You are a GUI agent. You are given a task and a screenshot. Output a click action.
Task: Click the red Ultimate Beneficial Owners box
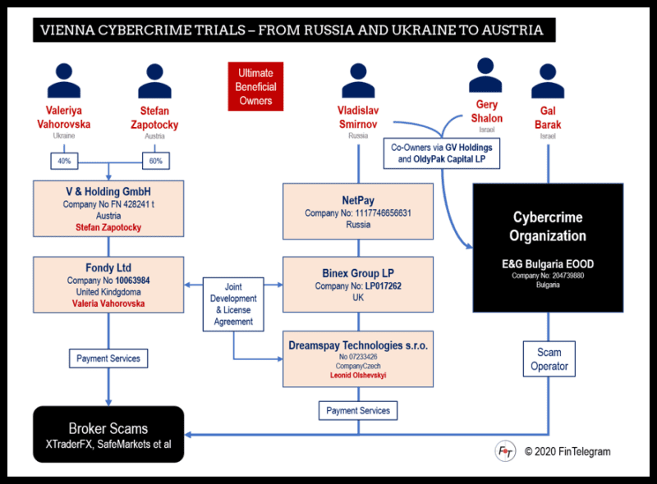pos(255,86)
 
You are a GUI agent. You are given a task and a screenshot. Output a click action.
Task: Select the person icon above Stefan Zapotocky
pos(154,81)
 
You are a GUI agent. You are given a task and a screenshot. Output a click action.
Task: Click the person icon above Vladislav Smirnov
pos(358,81)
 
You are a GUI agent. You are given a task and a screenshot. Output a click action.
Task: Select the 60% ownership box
pos(155,162)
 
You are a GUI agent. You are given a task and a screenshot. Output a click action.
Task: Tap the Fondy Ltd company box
pos(109,284)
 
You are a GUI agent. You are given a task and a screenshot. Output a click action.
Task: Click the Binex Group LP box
pos(358,284)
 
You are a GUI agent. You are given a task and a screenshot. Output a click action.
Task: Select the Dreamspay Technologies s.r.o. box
pos(358,358)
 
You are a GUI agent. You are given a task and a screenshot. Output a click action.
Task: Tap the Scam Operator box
pos(549,359)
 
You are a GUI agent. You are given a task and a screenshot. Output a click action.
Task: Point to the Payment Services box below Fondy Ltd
pos(108,358)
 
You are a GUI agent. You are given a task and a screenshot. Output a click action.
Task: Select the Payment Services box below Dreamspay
pos(358,410)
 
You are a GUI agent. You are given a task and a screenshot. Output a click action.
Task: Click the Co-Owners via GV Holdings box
pos(442,153)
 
